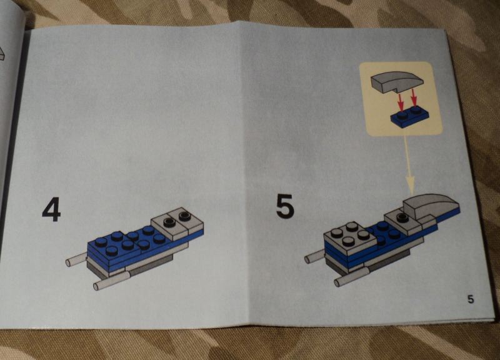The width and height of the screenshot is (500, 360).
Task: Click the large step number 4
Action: pyautogui.click(x=51, y=209)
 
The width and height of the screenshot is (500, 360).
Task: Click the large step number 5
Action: pyautogui.click(x=284, y=207)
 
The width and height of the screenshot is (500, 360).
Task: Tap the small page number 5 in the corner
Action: pyautogui.click(x=470, y=299)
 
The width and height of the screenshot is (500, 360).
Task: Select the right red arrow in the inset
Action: pyautogui.click(x=413, y=98)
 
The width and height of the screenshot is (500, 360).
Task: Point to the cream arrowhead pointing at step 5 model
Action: pyautogui.click(x=411, y=183)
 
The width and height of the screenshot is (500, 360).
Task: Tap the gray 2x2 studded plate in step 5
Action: pyautogui.click(x=347, y=237)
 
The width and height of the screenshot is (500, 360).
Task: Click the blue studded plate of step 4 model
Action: pyautogui.click(x=125, y=244)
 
